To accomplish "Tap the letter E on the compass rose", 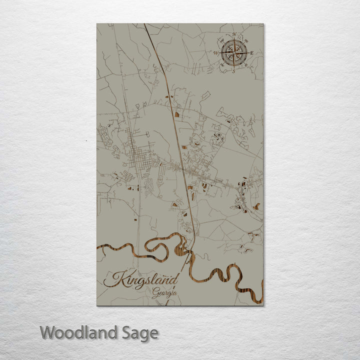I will coord(251,52).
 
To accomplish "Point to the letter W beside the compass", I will coord(215,52).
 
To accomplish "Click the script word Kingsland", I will coord(141,279).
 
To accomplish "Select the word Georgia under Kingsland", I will coord(165,293).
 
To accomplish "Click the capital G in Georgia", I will coord(155,293).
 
